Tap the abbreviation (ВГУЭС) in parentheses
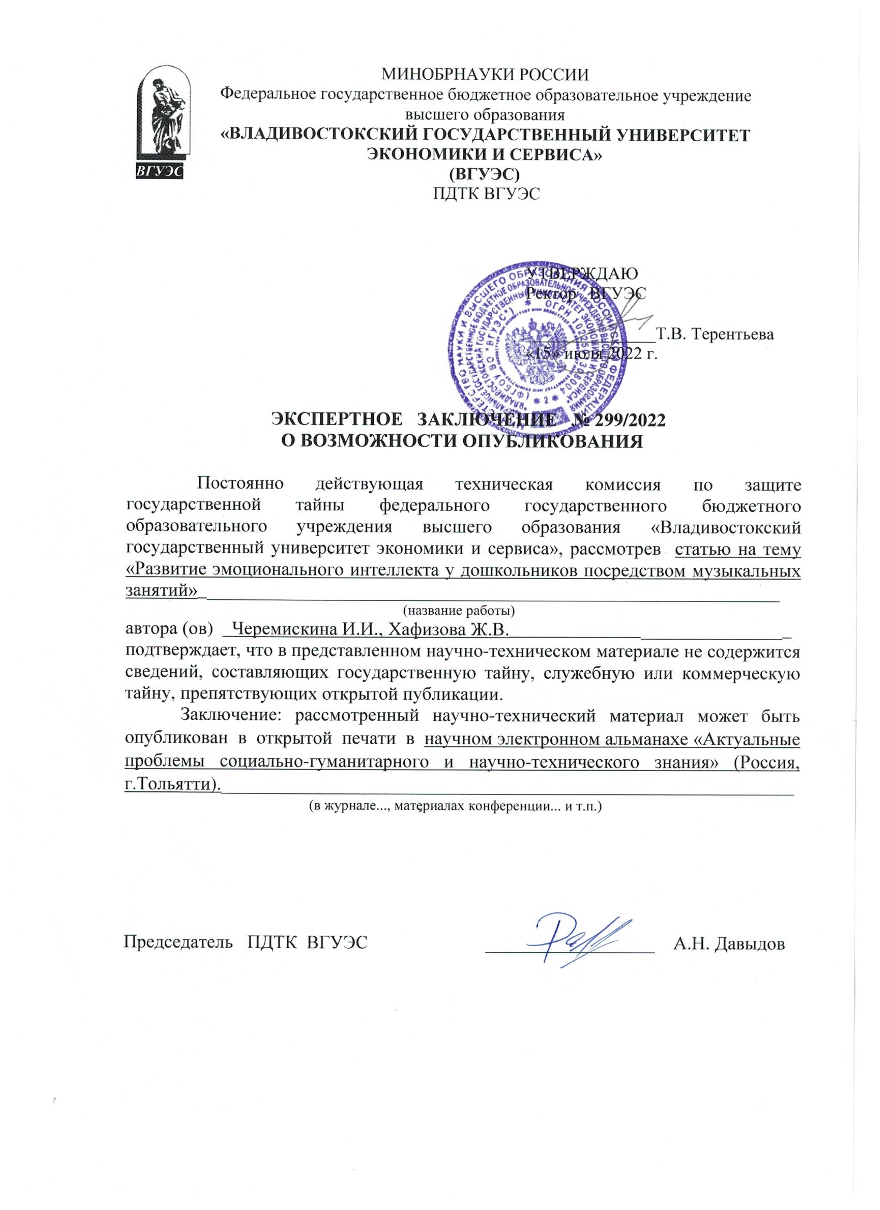486,174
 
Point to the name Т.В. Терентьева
715,334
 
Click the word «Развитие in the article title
163,570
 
